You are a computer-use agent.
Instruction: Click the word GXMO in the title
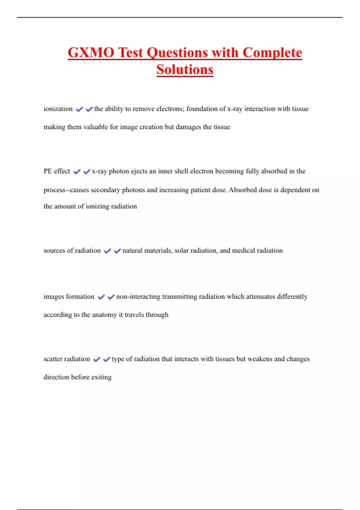coord(91,52)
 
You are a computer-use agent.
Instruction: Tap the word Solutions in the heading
coord(185,70)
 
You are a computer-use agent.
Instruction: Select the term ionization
coord(58,109)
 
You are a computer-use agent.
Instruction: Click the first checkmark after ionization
coord(79,109)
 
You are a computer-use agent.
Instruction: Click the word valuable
coord(96,127)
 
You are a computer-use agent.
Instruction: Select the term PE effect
coord(57,171)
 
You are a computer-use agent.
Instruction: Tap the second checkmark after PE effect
coord(87,172)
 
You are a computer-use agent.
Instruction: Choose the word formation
coord(80,297)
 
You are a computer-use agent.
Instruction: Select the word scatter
coord(53,359)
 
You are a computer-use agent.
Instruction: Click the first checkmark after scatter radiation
coord(97,359)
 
